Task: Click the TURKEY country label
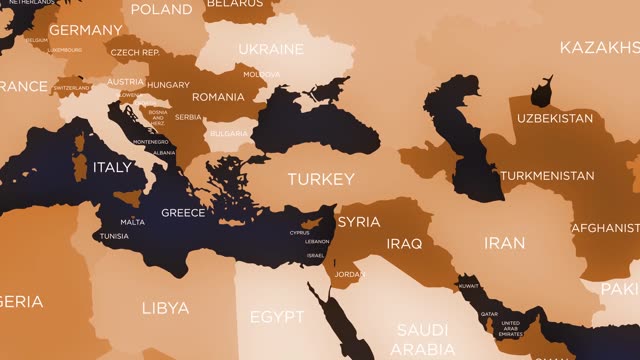(x=321, y=180)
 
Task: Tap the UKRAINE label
(x=271, y=49)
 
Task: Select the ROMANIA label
(x=218, y=97)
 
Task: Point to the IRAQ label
(x=404, y=243)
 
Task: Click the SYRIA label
(x=358, y=222)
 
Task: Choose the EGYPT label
(x=276, y=317)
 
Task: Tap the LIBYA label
(x=165, y=307)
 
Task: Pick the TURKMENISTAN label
(x=547, y=176)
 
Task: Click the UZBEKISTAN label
(x=555, y=118)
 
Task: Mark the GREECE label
(x=183, y=213)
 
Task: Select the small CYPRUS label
(x=300, y=233)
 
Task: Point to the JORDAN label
(x=350, y=274)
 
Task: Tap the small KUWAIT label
(x=468, y=286)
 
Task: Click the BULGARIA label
(x=229, y=133)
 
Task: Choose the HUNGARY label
(x=168, y=85)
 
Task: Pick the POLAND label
(x=161, y=10)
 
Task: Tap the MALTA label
(x=132, y=222)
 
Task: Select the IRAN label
(x=504, y=243)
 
